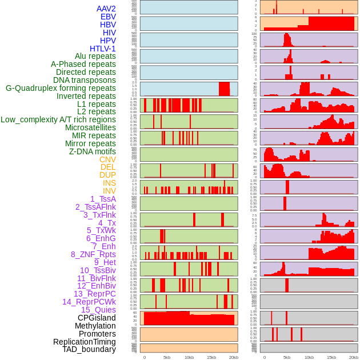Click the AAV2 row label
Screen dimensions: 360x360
106,9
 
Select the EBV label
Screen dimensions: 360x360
108,17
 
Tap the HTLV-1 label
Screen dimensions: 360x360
102,49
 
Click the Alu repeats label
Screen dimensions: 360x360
95,56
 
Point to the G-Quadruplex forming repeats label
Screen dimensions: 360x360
61,88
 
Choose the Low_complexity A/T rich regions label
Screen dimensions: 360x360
58,119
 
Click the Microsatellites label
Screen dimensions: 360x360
90,127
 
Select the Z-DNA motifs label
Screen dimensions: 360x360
93,151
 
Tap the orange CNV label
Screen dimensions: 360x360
107,159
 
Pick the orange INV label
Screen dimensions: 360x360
109,191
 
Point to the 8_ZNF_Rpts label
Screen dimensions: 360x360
93,254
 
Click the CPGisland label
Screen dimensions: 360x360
97,318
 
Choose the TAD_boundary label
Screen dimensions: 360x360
89,349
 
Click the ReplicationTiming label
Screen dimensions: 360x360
84,342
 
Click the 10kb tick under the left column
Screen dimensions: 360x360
189,357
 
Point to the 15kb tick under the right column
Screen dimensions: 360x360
331,357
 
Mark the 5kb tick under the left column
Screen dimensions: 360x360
167,357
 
